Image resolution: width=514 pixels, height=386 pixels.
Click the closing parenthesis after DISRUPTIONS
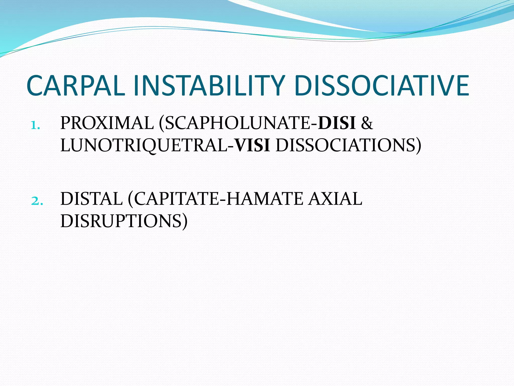coord(184,221)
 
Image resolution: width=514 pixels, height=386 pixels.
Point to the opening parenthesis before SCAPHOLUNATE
coord(162,124)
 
